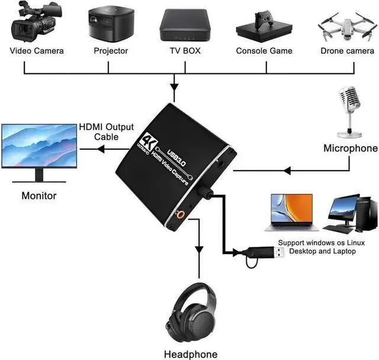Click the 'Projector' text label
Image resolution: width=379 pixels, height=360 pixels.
(x=111, y=51)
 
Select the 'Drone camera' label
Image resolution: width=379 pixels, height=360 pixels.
(x=348, y=51)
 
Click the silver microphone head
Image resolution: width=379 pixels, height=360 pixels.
(x=349, y=98)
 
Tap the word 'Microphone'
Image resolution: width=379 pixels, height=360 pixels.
(x=351, y=148)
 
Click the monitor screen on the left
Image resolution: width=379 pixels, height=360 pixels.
(x=38, y=144)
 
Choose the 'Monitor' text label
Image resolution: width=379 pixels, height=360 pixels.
(x=39, y=195)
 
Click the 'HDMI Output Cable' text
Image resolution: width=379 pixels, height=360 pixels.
(x=107, y=132)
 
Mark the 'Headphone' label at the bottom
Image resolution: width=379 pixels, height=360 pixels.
(x=191, y=354)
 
